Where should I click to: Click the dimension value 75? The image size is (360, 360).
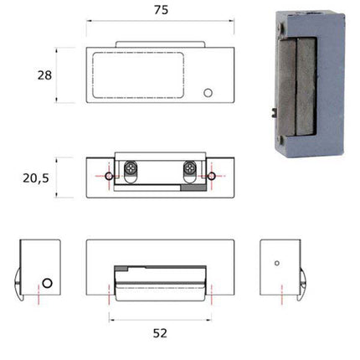(160, 11)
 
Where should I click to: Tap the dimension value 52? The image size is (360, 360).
(160, 332)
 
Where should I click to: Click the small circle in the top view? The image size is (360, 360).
(208, 91)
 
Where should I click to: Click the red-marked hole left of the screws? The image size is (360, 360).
(108, 176)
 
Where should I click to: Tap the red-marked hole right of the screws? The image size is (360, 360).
(213, 176)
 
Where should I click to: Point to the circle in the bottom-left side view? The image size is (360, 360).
(48, 282)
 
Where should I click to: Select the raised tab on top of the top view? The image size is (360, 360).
(159, 44)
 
